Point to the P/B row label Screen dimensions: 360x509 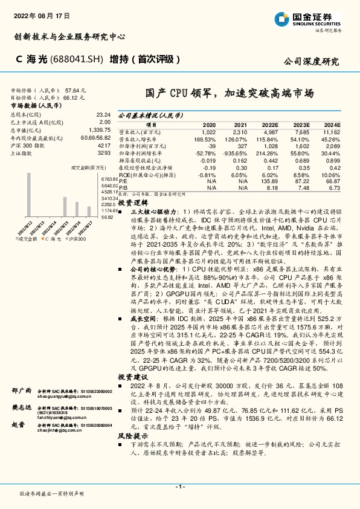point(122,187)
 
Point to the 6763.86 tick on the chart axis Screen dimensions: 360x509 point(109,180)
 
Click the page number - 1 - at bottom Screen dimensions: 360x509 point(179,487)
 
